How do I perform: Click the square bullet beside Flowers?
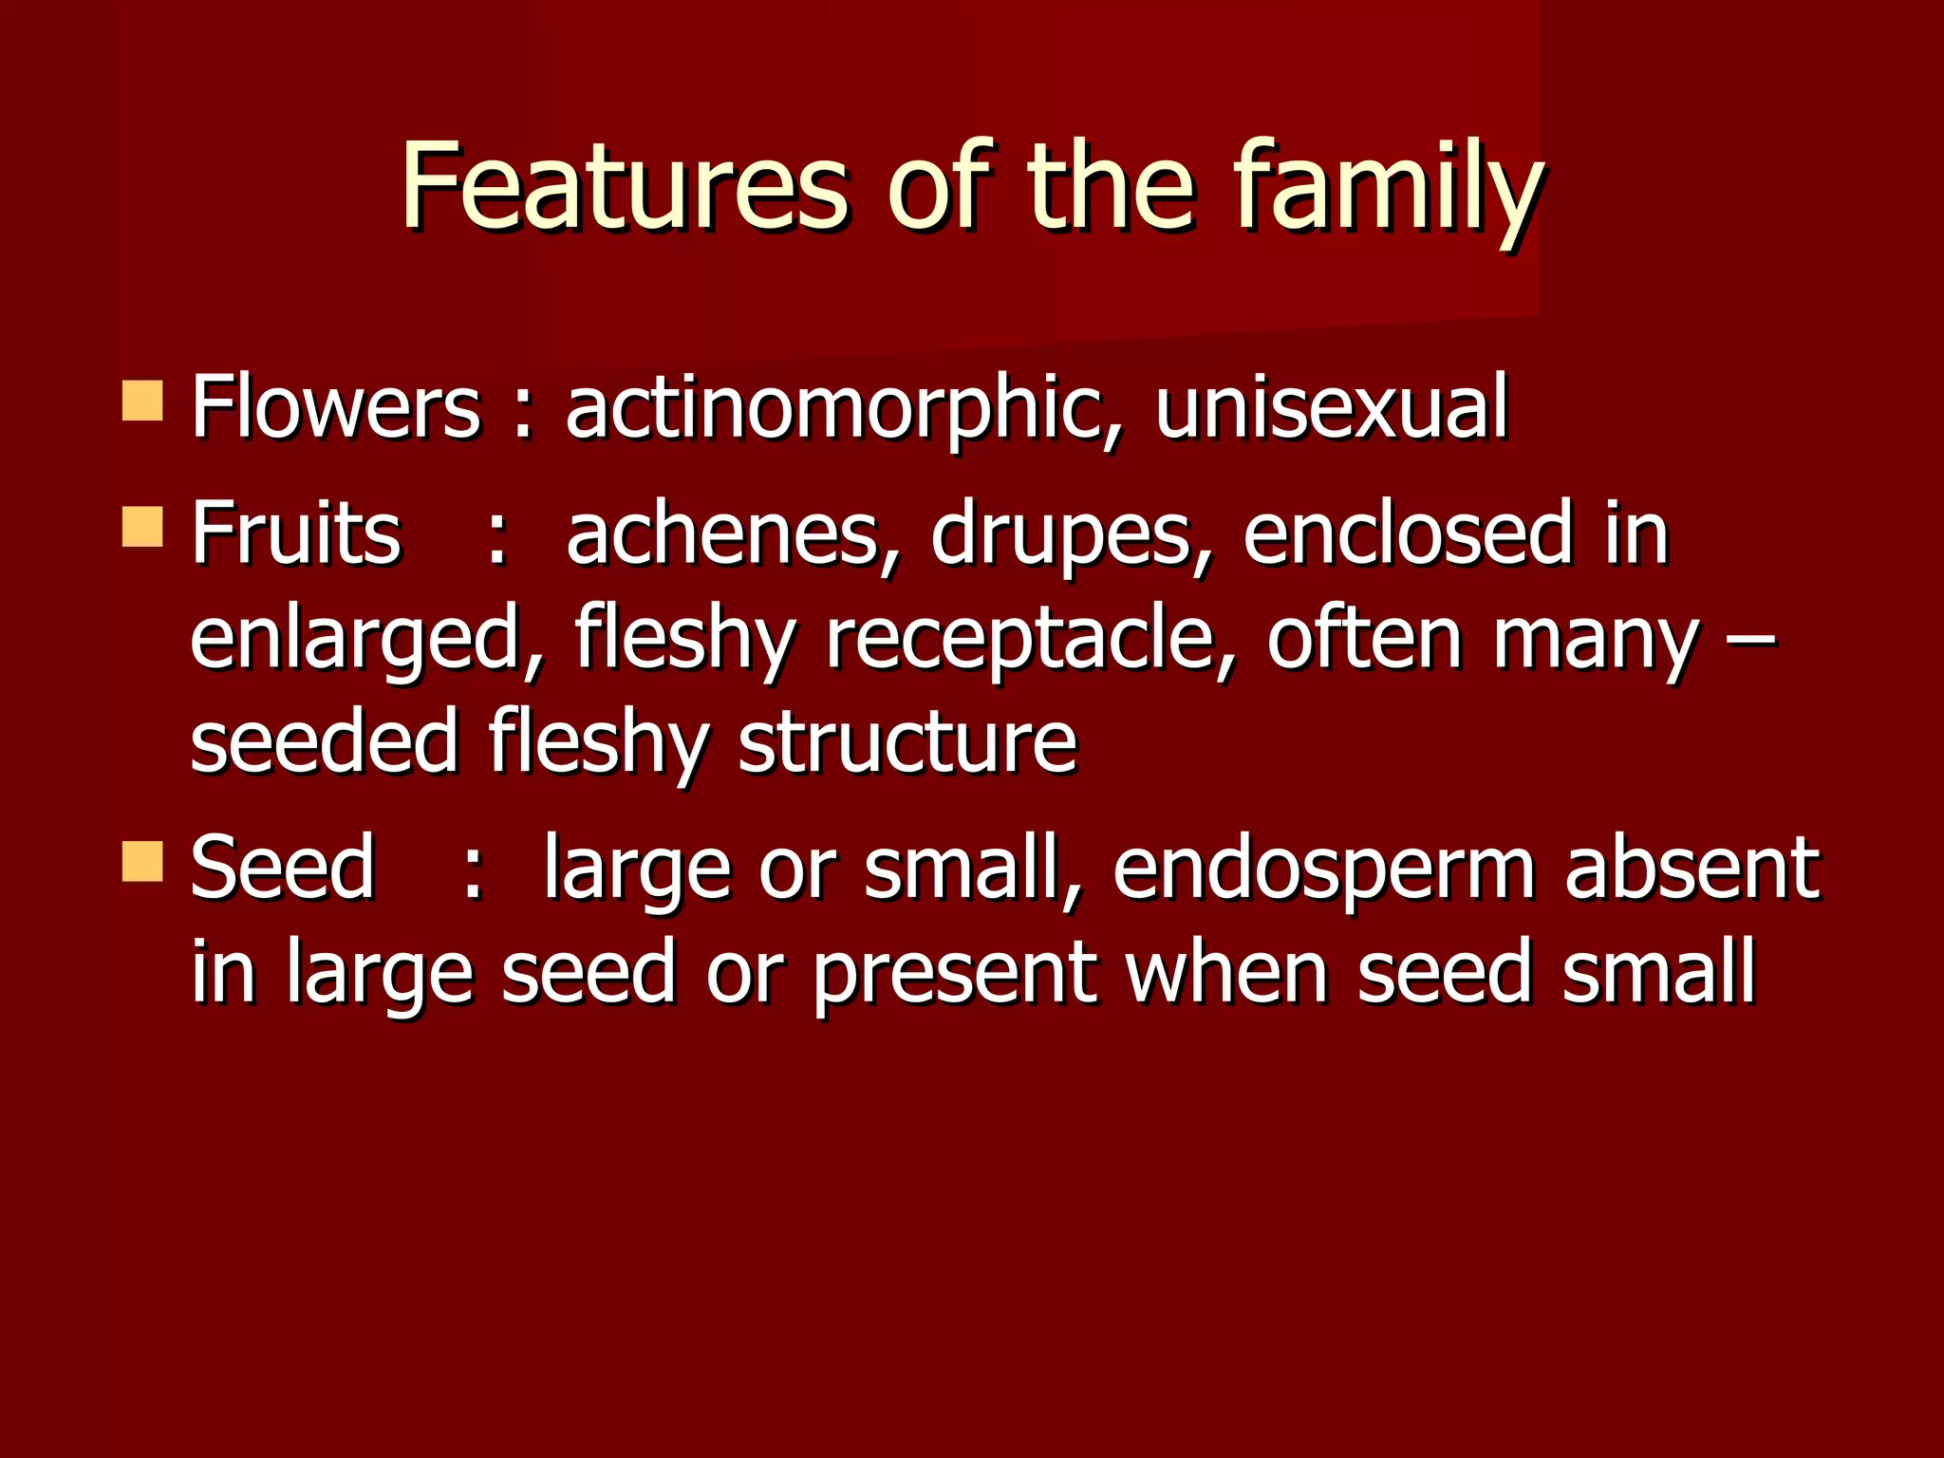click(142, 401)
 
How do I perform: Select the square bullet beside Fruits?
click(142, 526)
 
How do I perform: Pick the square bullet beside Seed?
click(142, 860)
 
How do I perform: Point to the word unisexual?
click(1331, 408)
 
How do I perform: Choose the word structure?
click(907, 742)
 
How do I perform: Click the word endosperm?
click(1323, 869)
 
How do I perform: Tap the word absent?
click(1692, 868)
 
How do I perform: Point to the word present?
click(954, 974)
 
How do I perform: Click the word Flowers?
click(336, 408)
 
